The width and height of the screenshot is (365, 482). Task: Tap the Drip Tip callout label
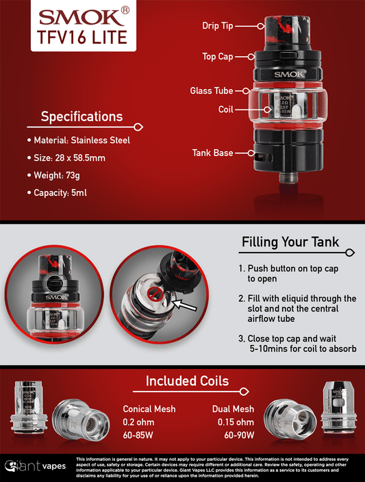point(218,26)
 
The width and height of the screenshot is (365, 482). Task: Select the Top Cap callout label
point(218,56)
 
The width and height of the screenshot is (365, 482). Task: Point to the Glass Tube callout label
point(212,90)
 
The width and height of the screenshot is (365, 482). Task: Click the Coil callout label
point(226,109)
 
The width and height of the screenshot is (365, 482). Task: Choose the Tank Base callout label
point(212,153)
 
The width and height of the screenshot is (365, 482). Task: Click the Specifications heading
point(81,116)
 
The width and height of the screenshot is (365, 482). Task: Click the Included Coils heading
point(187,381)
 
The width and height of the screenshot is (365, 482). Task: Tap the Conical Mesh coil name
point(149,409)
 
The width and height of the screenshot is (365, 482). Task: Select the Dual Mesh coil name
point(233,409)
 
